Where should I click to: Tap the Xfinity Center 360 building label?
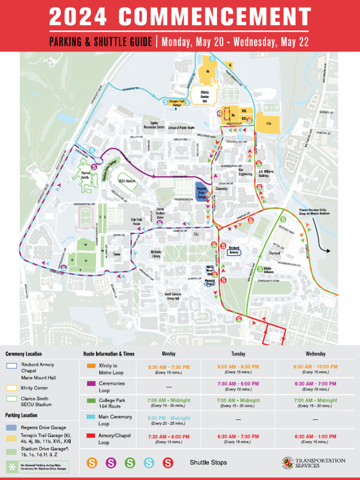click(x=204, y=96)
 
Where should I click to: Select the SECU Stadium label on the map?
click(x=127, y=180)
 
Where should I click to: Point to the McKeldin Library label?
click(x=156, y=254)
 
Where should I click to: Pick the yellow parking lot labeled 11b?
click(x=269, y=123)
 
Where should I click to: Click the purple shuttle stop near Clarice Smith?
click(x=94, y=166)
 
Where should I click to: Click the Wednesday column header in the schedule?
click(x=315, y=354)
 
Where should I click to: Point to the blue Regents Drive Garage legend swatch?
click(x=12, y=427)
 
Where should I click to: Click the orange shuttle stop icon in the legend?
click(x=92, y=463)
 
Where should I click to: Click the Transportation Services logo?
click(x=314, y=463)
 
